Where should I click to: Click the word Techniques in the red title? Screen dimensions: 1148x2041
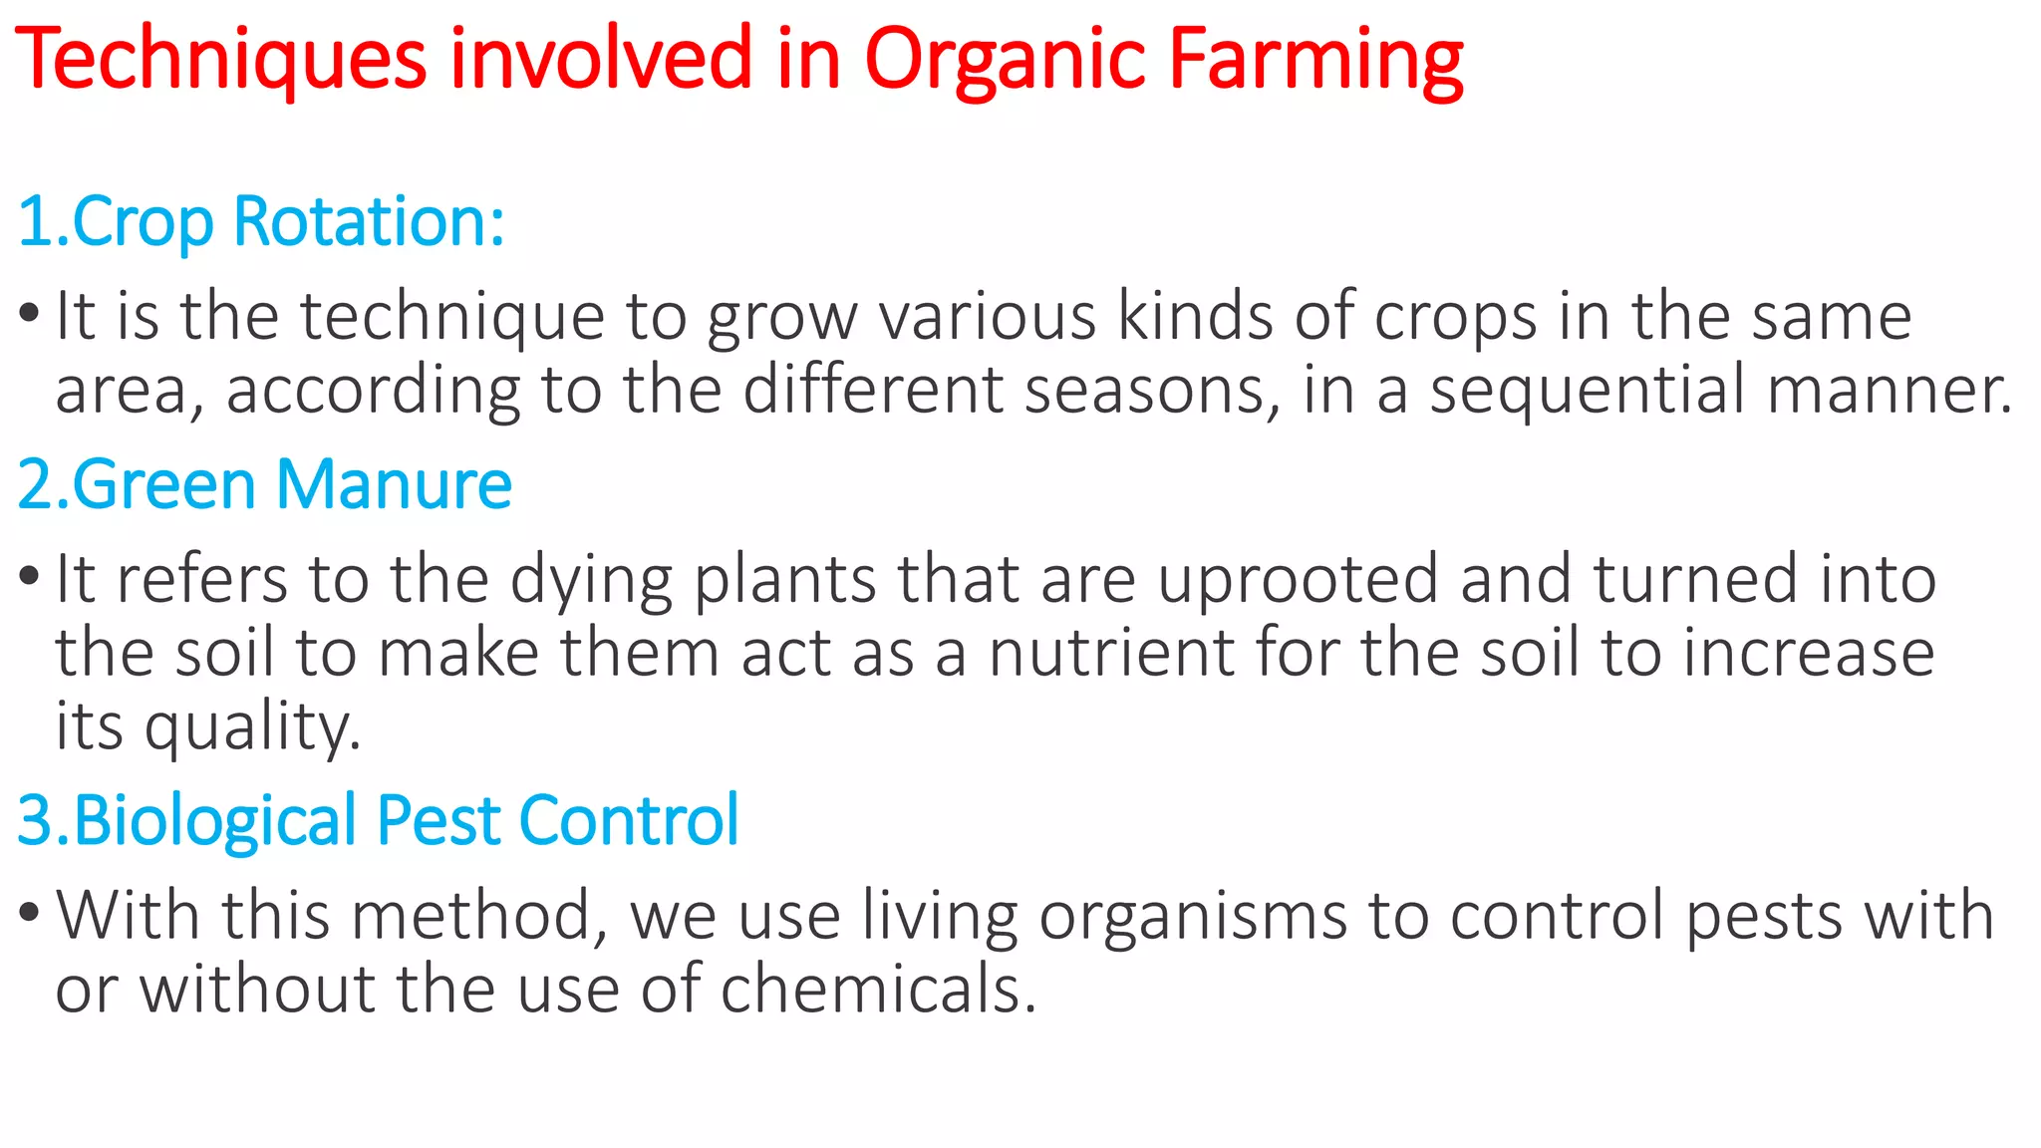[x=220, y=60]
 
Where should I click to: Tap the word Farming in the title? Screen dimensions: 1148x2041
[x=1314, y=60]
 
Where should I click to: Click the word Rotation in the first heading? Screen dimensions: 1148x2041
[x=369, y=221]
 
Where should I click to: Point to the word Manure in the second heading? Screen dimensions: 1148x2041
[x=393, y=485]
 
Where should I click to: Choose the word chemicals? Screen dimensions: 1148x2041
[x=878, y=990]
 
